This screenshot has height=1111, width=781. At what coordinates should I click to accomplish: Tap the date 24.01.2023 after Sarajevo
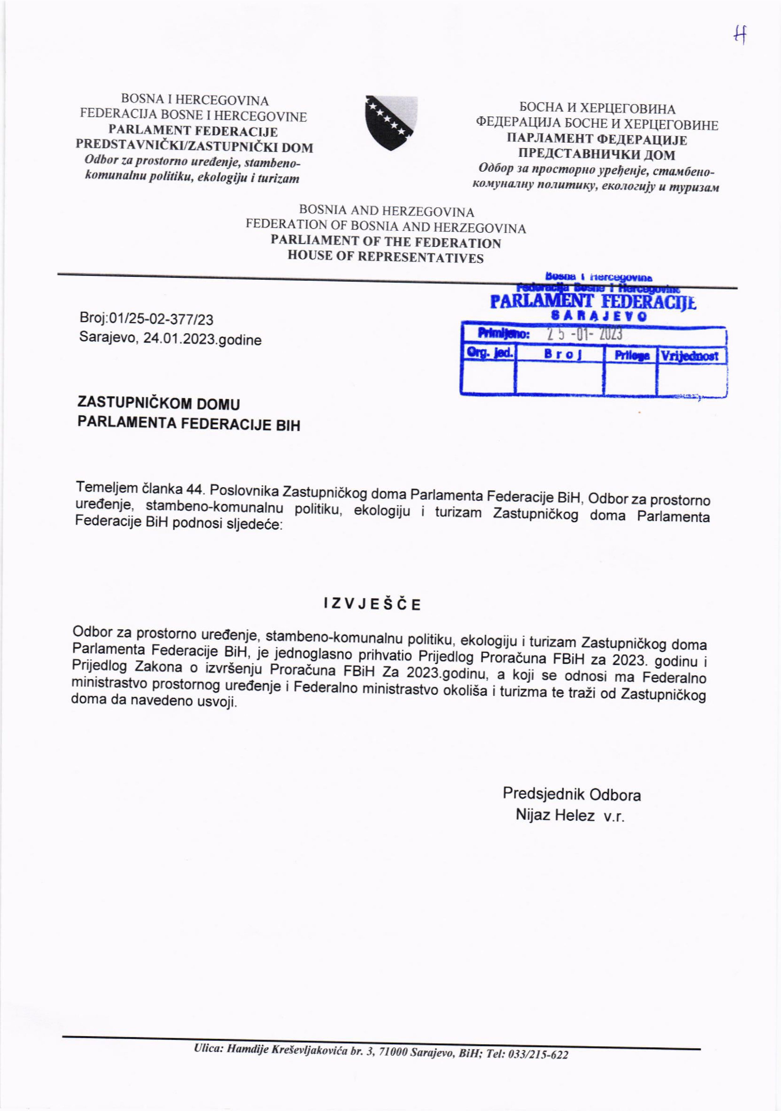click(x=179, y=339)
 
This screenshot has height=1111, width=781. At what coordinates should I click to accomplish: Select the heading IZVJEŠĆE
click(x=372, y=604)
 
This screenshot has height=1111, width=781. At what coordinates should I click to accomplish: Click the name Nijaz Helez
click(x=555, y=815)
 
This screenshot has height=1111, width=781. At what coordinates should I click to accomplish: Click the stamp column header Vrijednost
click(x=690, y=356)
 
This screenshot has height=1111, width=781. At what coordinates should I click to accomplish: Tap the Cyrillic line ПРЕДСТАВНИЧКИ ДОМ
click(x=597, y=155)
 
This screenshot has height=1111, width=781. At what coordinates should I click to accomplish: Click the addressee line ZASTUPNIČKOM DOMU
click(x=159, y=404)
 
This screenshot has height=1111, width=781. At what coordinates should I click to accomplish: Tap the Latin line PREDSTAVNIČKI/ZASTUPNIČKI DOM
click(x=194, y=147)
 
